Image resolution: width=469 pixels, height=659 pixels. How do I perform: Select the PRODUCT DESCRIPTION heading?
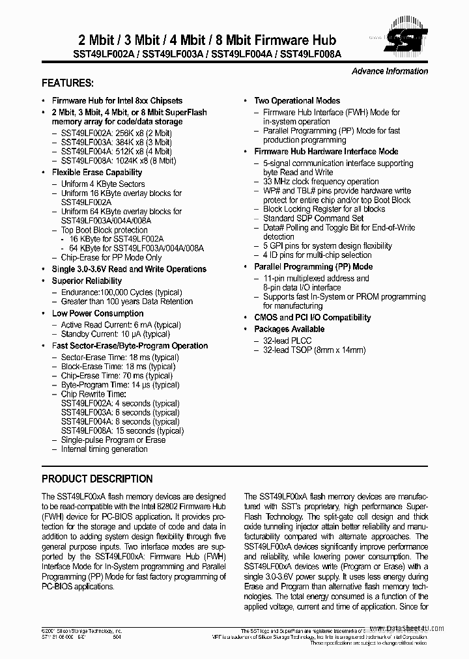[97, 479]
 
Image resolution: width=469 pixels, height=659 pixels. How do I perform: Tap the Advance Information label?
[390, 71]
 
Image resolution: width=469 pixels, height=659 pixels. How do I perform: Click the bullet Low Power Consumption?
[98, 313]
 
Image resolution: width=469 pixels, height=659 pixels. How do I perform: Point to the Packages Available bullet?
[289, 329]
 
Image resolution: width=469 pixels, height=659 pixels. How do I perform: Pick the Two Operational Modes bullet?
[297, 100]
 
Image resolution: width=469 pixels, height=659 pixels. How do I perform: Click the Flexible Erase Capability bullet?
[97, 172]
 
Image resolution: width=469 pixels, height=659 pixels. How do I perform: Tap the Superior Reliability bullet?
[87, 281]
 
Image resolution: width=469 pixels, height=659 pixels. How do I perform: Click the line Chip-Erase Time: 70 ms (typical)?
[117, 376]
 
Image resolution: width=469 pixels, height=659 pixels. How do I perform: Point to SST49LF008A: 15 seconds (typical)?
[122, 430]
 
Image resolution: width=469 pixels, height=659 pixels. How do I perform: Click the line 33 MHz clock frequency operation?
[320, 182]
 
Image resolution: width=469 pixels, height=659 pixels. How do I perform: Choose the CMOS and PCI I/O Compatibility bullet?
[313, 317]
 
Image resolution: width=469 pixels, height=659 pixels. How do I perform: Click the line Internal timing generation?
[104, 449]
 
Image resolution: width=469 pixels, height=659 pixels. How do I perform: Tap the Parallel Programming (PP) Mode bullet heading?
[313, 266]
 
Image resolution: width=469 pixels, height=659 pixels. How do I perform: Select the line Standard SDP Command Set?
[313, 218]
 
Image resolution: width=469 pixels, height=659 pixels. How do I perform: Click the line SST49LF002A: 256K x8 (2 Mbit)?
[117, 133]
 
